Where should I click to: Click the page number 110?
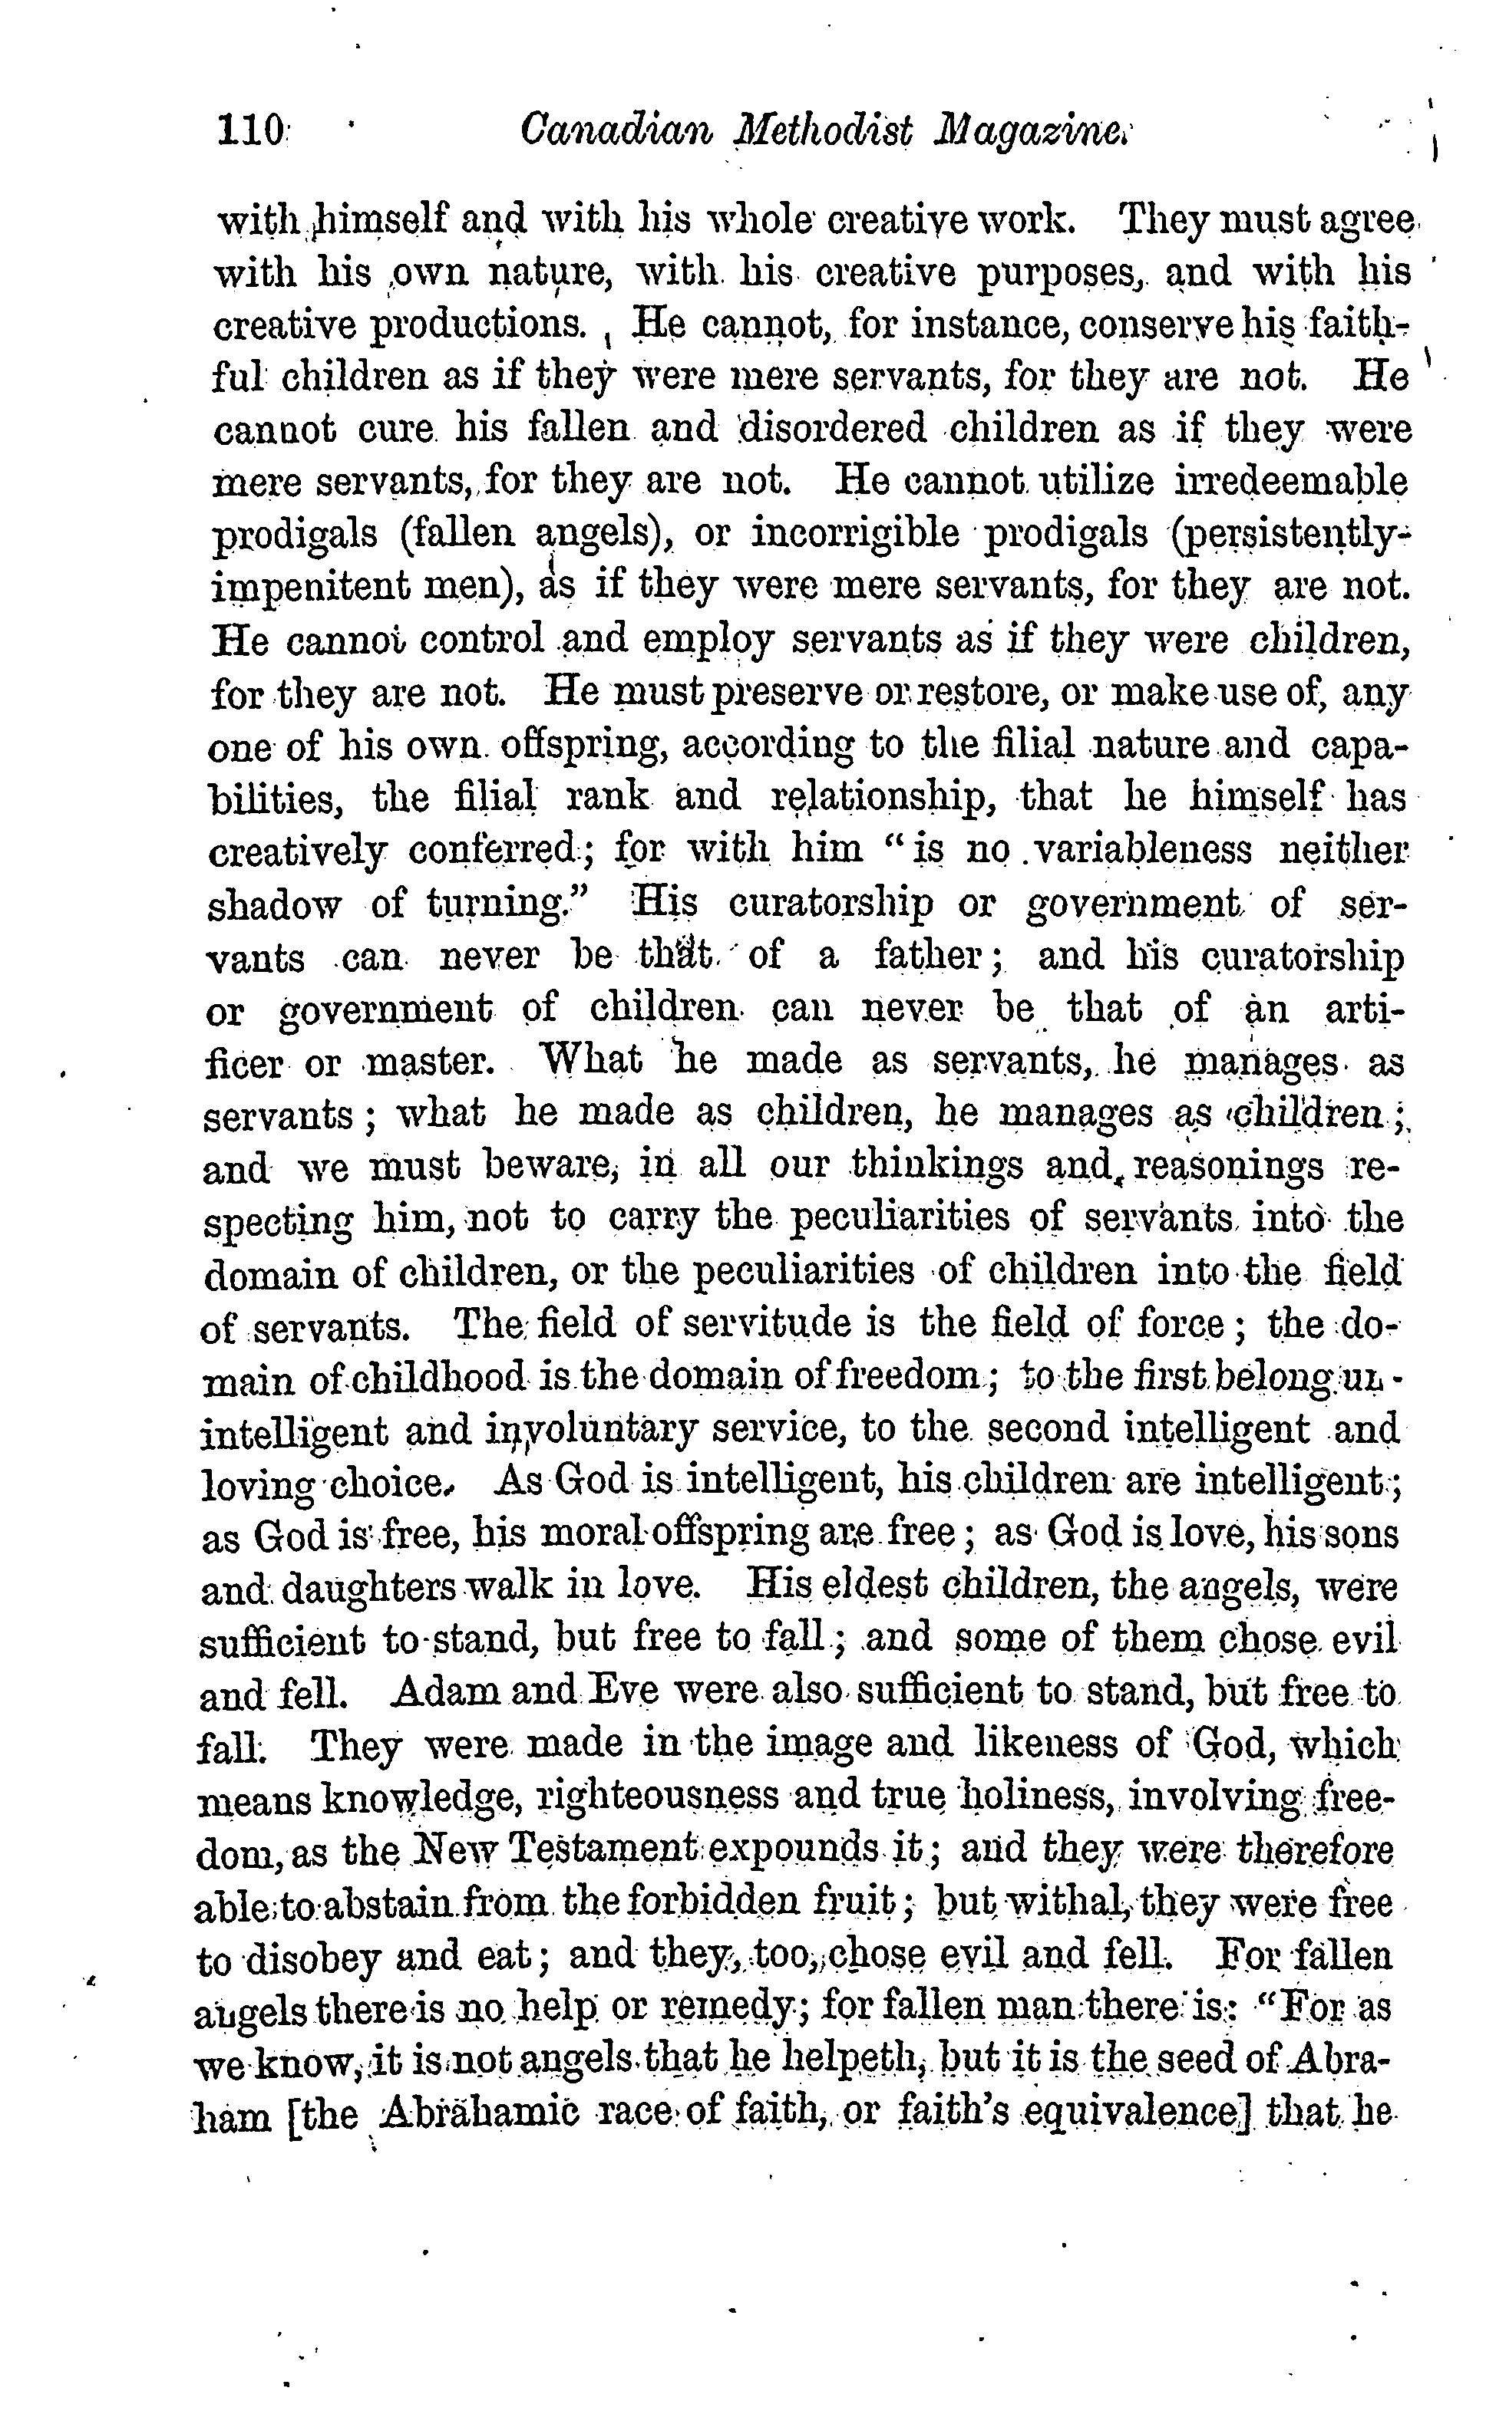(x=250, y=131)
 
